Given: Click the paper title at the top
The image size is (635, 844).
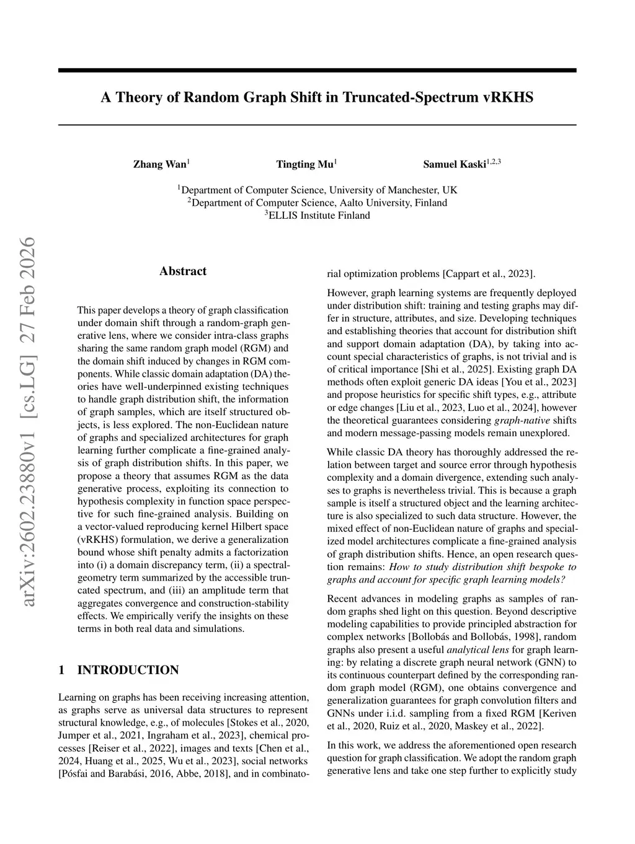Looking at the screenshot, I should (317, 97).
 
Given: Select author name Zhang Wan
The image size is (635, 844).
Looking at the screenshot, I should (159, 164).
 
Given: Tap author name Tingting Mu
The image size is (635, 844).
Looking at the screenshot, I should (304, 164).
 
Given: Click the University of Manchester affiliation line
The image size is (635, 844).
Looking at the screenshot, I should (317, 190).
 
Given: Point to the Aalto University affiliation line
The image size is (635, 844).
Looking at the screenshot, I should (317, 203).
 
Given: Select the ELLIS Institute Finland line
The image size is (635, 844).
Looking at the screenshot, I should (317, 216).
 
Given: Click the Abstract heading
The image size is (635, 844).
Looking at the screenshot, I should (183, 271).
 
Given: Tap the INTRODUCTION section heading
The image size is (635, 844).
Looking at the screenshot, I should (128, 670).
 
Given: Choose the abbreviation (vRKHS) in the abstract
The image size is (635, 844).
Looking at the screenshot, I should (99, 539).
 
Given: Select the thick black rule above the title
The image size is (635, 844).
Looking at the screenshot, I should (317, 71).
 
